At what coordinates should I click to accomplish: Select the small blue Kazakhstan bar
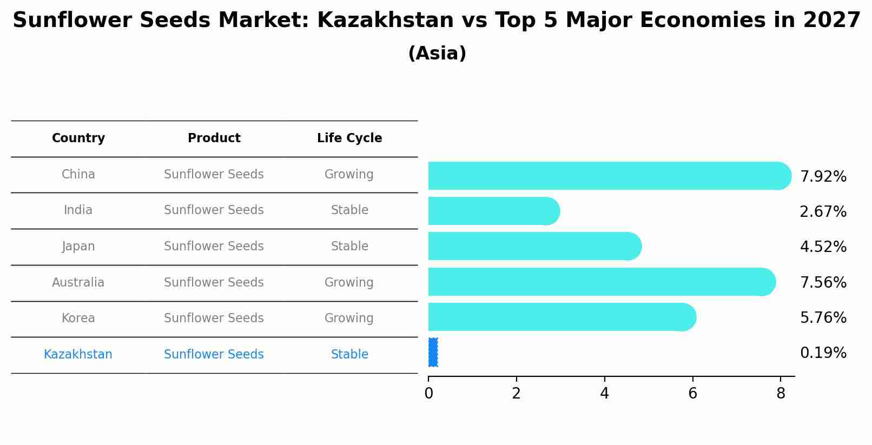coord(433,353)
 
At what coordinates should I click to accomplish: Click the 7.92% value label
coord(823,177)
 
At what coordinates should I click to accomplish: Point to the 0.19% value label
coord(823,353)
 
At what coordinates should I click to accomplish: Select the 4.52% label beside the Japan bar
coord(823,247)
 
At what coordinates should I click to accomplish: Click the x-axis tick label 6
coord(692,394)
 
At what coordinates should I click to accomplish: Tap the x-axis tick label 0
coord(428,394)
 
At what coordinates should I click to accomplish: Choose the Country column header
coord(78,138)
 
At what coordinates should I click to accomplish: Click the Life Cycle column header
coord(349,138)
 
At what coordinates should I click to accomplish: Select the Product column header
coord(214,138)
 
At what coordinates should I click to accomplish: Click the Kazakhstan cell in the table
coord(78,355)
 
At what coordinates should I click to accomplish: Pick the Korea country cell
coord(78,318)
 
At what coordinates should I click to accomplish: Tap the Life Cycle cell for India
coord(349,210)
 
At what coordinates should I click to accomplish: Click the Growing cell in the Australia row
coord(349,283)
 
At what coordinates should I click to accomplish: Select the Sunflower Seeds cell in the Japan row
coord(214,247)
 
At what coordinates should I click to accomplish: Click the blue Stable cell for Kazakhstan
coord(349,355)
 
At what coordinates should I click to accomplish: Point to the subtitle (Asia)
coord(437,54)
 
